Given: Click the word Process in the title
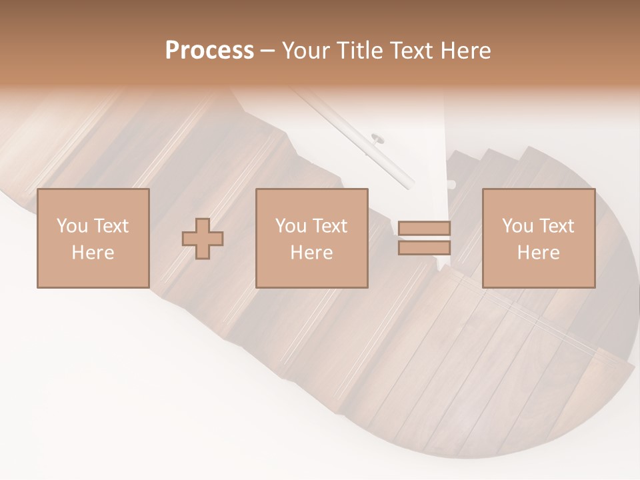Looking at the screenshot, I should coord(209,51).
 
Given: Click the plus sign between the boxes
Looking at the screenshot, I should coord(203,238).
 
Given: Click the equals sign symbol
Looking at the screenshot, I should coord(424,237).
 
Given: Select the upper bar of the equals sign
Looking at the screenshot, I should coord(424,228).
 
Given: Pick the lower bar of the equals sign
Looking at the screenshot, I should coord(424,247).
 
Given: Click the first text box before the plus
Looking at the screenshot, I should coord(93,238).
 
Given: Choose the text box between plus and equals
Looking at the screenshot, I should coord(311,238).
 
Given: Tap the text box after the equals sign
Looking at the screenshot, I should coord(538,238).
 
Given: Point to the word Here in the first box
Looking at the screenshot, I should coord(93,253).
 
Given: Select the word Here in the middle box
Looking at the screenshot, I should coord(311,253).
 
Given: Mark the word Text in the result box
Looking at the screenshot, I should coord(556,226).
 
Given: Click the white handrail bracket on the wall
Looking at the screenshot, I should coord(377,139).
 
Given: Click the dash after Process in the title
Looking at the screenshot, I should coord(267,51).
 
